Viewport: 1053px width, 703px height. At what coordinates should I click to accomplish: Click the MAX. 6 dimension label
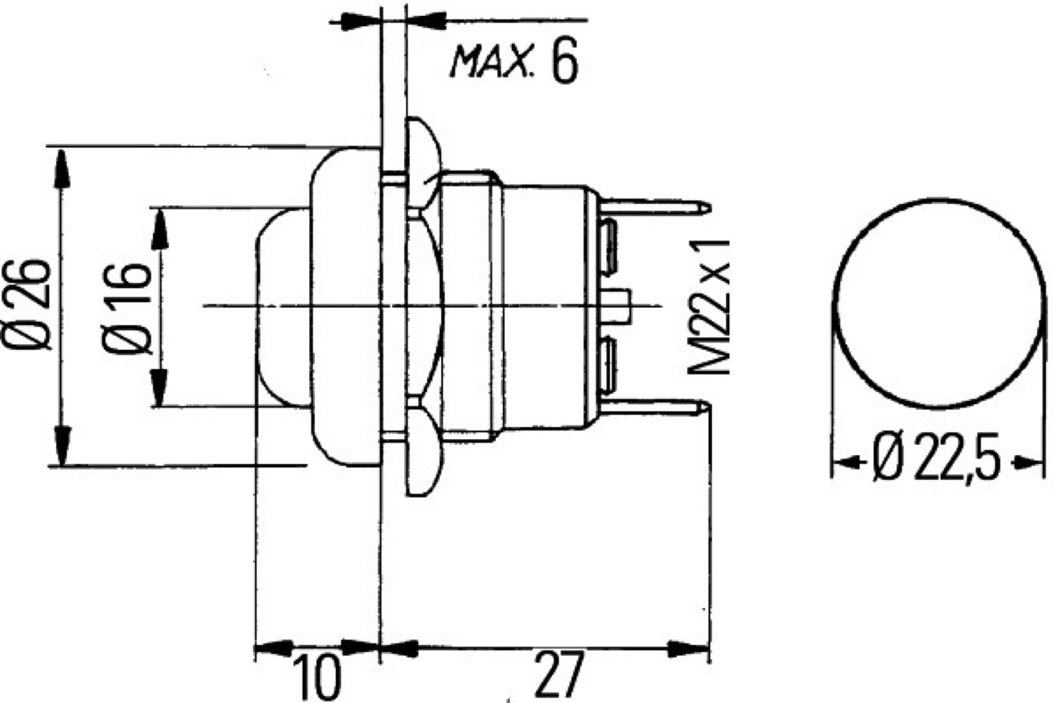[513, 64]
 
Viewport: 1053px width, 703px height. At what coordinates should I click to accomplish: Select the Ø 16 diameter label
[126, 308]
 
